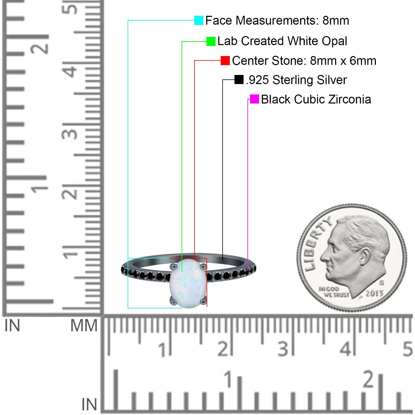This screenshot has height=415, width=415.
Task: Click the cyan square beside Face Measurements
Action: coord(199,20)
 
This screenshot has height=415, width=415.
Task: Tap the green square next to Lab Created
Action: coord(211,41)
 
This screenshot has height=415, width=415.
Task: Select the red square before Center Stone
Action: coord(225,61)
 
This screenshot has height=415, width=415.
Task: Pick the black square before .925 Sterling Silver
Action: coord(239,80)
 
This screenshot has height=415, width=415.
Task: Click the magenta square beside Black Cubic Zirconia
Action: coord(254,99)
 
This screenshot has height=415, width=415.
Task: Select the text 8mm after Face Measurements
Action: coord(336,20)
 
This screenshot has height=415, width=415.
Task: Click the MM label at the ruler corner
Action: coord(84,326)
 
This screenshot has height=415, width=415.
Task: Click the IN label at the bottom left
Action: coord(89,405)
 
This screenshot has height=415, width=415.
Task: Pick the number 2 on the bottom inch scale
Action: coord(369,379)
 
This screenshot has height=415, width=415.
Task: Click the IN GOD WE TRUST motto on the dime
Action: coord(334,292)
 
